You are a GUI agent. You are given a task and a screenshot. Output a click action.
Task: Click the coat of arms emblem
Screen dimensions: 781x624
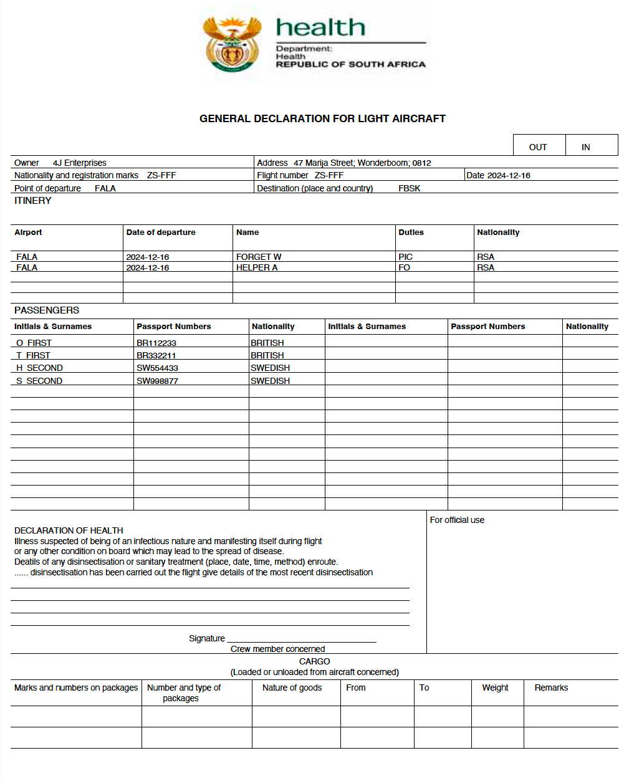[232, 44]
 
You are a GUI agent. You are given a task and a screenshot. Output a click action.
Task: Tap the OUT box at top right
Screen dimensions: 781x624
[538, 147]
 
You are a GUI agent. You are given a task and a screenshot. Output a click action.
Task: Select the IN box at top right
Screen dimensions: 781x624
[585, 147]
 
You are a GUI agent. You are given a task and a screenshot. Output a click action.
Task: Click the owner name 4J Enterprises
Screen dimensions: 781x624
[79, 163]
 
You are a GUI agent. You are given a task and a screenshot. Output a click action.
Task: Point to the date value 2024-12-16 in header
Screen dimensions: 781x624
[509, 175]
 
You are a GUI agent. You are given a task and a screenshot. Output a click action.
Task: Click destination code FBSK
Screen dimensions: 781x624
[409, 188]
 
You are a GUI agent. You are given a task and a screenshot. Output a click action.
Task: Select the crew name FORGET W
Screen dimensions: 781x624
[259, 257]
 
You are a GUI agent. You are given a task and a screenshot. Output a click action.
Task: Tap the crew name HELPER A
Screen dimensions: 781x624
[257, 267]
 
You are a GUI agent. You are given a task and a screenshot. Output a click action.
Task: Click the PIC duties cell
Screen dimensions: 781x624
[405, 257]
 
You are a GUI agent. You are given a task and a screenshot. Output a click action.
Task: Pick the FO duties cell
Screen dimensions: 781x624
[404, 267]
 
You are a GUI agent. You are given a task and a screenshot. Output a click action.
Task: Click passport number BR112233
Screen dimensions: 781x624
[156, 343]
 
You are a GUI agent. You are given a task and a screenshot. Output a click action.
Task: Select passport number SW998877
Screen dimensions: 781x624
[157, 381]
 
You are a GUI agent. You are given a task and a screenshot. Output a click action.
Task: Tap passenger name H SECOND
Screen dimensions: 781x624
[39, 368]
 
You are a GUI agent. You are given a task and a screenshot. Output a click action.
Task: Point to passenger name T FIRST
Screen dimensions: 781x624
[34, 355]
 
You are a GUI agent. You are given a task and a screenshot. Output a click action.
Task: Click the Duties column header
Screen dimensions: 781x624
[411, 232]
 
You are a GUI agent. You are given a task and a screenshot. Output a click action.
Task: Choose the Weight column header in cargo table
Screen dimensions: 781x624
[495, 688]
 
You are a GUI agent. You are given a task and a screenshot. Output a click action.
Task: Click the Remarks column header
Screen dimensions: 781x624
[551, 688]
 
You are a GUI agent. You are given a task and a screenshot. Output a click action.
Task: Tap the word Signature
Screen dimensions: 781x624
[206, 638]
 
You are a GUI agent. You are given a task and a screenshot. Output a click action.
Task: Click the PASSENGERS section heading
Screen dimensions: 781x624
[47, 310]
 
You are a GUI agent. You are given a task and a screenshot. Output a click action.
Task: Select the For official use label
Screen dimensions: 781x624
[457, 520]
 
